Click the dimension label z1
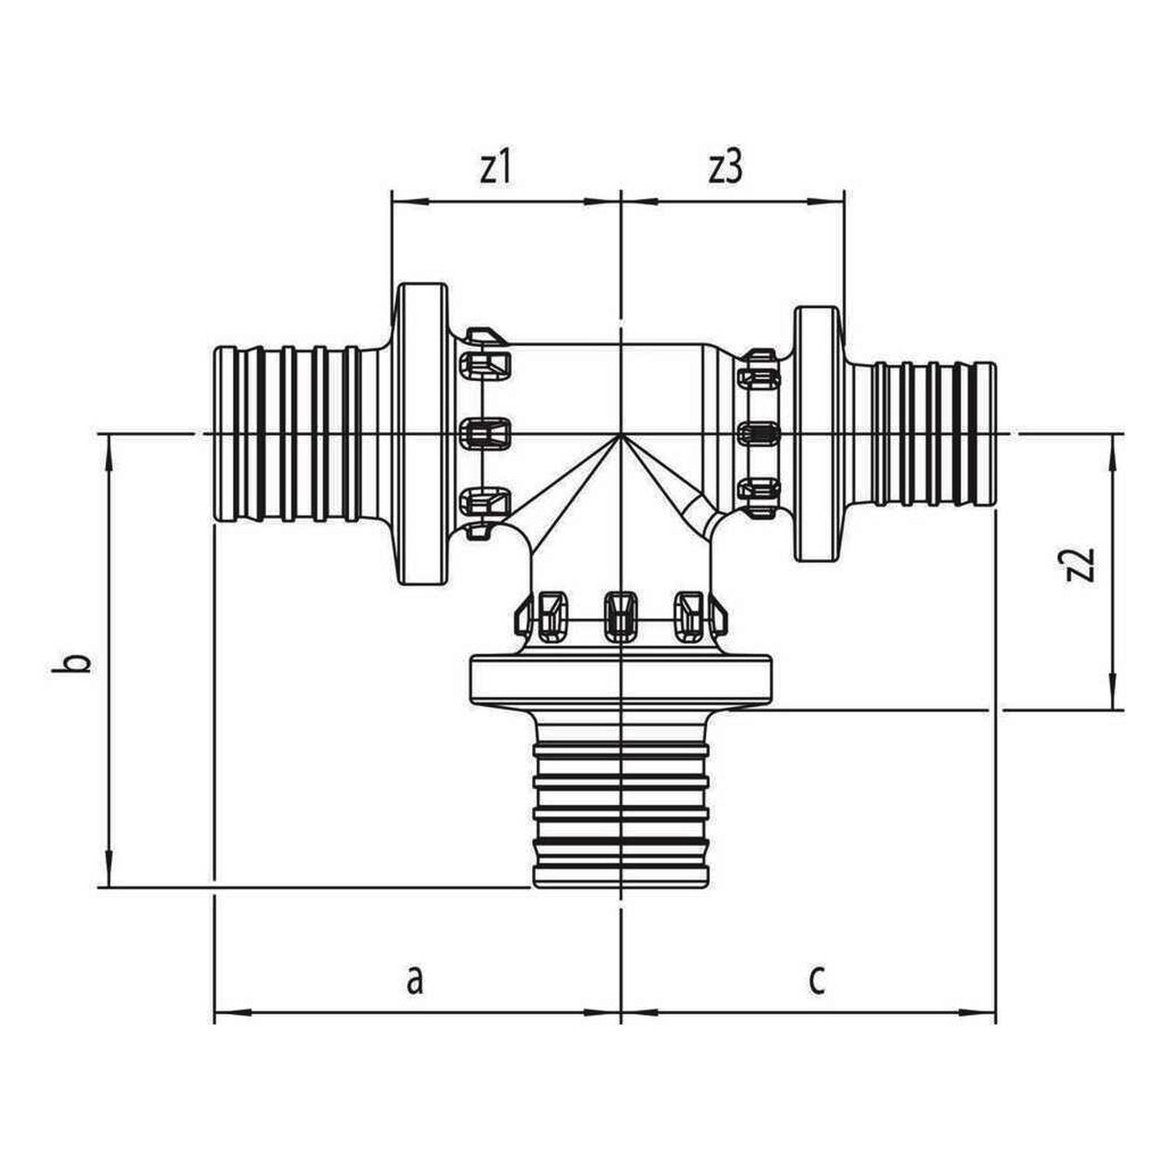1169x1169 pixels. click(x=496, y=171)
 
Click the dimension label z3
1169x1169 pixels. click(x=725, y=171)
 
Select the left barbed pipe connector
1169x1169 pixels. click(x=296, y=434)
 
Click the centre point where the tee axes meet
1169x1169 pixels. click(x=621, y=434)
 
